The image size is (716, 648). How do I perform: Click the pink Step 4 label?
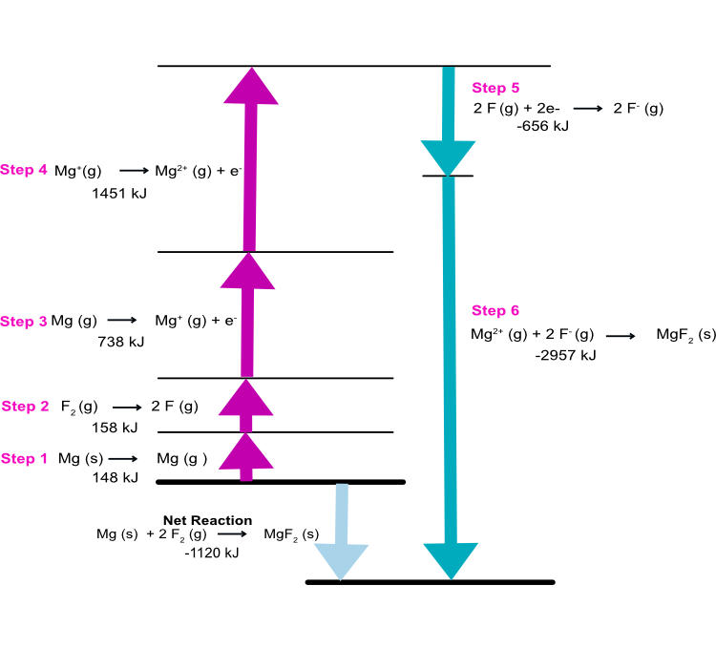point(24,170)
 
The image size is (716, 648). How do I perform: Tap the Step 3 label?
point(24,322)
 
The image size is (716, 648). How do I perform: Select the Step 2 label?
point(25,407)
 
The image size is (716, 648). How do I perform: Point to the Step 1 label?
point(24,459)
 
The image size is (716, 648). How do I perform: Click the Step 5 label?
point(495,88)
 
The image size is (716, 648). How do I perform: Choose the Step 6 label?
point(495,311)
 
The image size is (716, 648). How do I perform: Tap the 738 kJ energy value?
point(121,341)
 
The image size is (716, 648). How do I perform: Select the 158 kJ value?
point(116,427)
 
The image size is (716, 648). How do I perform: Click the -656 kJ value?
point(541,125)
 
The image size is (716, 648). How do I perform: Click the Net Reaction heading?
point(207,520)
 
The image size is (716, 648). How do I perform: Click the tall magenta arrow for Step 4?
point(250,162)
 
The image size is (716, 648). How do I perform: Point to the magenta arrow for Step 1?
point(246,456)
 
